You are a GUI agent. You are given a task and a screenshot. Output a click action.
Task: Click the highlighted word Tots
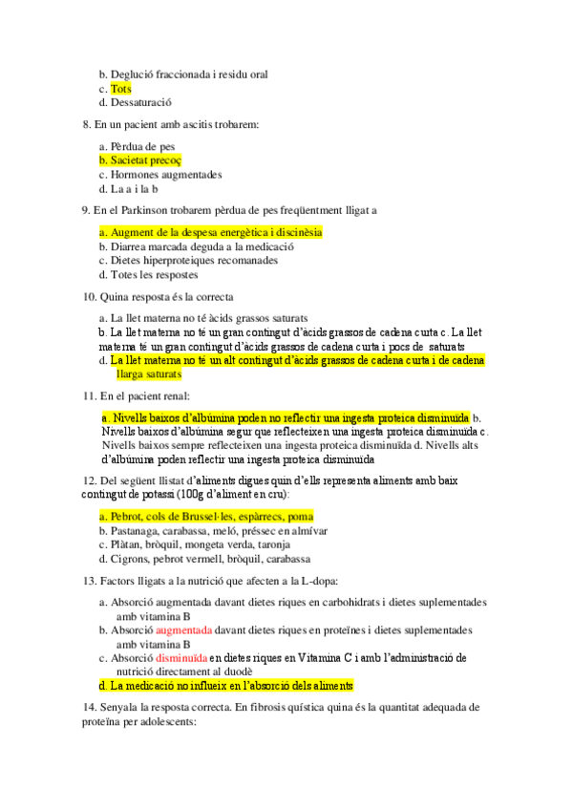coord(120,89)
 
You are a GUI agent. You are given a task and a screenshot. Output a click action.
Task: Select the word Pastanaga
coord(136,531)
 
